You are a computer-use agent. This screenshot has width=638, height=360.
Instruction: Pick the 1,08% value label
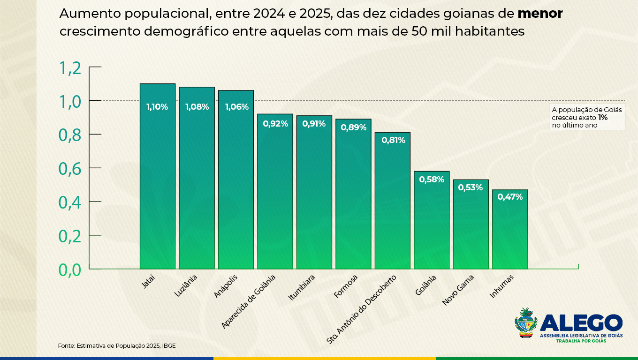(197, 107)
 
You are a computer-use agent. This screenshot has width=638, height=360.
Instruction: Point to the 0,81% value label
(393, 140)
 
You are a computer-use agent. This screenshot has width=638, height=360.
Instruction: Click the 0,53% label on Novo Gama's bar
(471, 187)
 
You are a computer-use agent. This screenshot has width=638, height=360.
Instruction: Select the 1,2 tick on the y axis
(70, 68)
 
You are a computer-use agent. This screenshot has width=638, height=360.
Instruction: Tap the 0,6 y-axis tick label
(70, 169)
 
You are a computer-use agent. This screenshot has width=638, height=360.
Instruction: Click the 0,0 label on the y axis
(70, 270)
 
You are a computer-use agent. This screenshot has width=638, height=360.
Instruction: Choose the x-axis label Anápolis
(226, 286)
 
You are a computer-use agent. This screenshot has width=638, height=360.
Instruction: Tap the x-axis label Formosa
(346, 286)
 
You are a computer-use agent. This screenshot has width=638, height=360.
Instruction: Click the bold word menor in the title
(540, 14)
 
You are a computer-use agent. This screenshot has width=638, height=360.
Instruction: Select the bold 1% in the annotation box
(603, 118)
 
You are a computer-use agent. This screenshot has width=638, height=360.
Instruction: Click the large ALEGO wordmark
(581, 323)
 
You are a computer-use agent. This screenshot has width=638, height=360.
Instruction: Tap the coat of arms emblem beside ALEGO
(526, 323)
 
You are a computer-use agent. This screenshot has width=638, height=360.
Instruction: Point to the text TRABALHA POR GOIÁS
(581, 341)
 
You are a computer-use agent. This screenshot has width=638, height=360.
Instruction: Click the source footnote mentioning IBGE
(117, 345)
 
